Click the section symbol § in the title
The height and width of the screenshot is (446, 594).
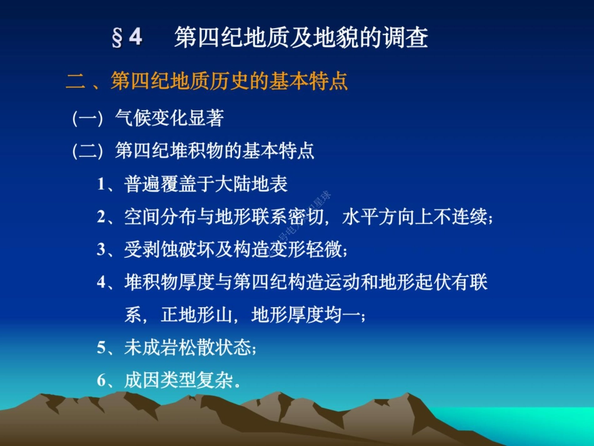click(x=116, y=38)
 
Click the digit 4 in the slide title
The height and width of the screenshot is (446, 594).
click(x=136, y=38)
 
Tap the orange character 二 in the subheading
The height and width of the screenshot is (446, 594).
click(x=75, y=82)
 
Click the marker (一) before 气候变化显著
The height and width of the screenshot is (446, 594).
click(x=87, y=118)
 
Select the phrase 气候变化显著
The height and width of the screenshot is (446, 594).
click(x=169, y=118)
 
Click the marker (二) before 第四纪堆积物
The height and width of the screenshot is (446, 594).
click(x=87, y=151)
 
